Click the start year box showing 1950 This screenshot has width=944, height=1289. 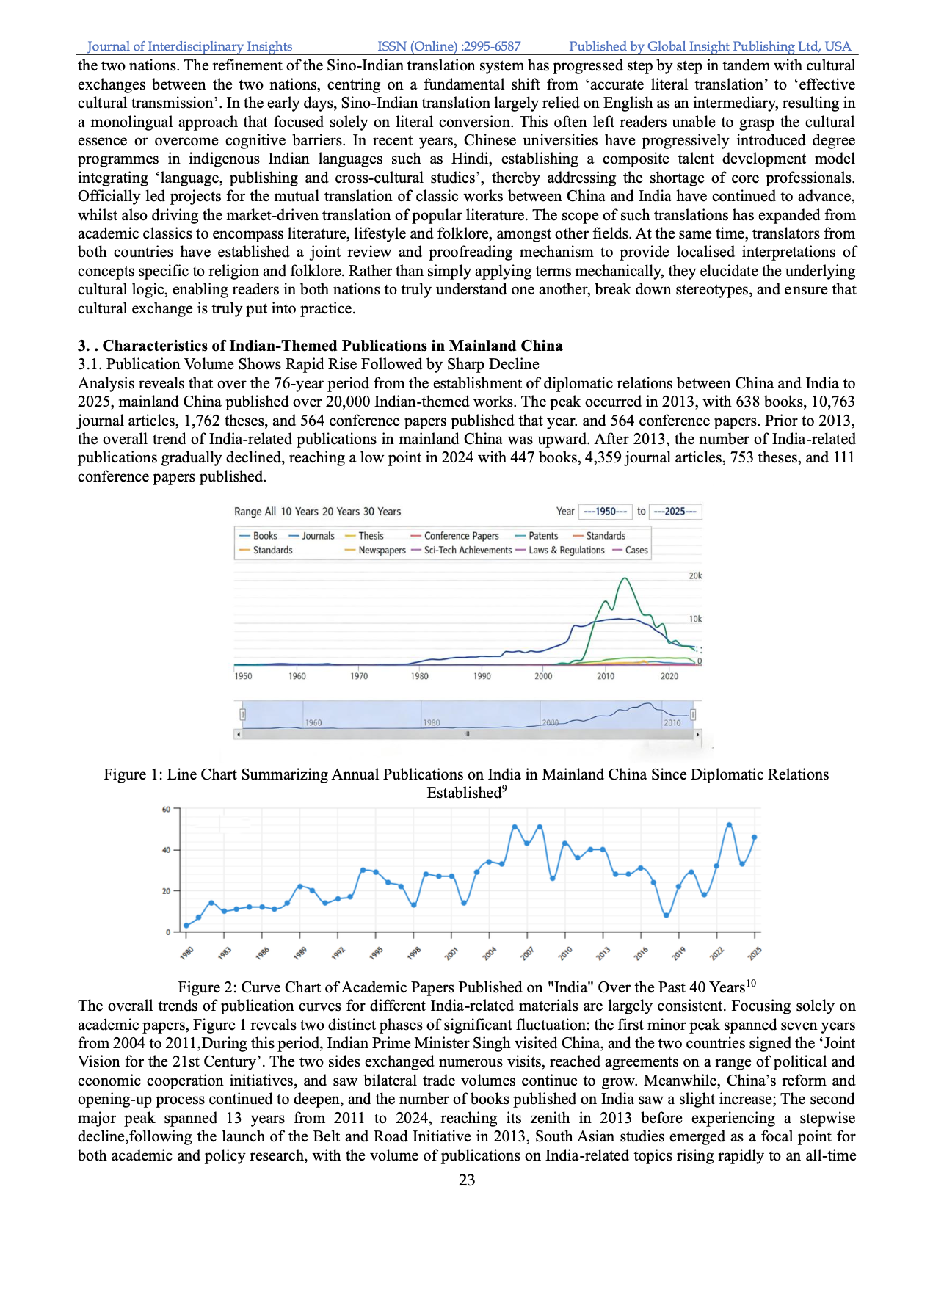coord(605,512)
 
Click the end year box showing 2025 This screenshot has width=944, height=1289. coord(675,512)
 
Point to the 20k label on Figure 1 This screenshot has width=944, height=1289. coord(695,576)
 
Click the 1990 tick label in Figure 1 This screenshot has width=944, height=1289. coord(482,676)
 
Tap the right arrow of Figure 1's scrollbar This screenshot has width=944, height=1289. coord(697,734)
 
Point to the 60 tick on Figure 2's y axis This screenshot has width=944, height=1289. coord(167,810)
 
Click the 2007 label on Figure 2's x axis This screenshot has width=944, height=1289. coord(527,954)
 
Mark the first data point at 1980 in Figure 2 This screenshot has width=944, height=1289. coord(186,926)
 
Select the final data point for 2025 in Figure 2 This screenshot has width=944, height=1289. coord(755,838)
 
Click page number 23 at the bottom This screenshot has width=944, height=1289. coord(467,1180)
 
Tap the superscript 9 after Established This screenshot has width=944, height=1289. coord(504,789)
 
